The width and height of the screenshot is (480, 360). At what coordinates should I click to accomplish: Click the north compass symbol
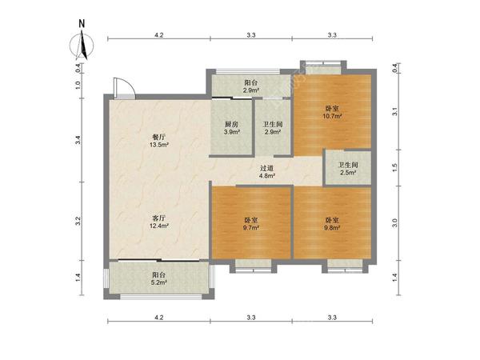point(82,42)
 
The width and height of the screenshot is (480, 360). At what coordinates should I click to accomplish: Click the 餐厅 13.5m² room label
point(159,141)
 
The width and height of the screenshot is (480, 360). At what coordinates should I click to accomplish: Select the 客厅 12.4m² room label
point(159,222)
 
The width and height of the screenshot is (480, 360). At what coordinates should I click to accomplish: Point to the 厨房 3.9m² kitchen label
point(231,128)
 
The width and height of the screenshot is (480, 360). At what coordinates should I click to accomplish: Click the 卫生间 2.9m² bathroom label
point(273,128)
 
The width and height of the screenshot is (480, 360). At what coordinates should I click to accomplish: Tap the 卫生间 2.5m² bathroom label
point(348,169)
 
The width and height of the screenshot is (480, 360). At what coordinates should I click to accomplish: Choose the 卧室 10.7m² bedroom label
point(332,112)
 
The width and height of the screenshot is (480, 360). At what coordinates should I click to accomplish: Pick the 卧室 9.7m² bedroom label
point(251,224)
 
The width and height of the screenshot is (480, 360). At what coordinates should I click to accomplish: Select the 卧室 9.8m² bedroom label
point(332,224)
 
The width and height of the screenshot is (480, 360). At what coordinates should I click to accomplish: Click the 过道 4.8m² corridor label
point(267,172)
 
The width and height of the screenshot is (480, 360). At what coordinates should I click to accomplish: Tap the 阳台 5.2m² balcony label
point(159,278)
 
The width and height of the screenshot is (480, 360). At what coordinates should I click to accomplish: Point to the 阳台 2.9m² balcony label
point(251,86)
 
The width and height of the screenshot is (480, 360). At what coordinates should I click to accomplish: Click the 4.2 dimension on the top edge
point(159,35)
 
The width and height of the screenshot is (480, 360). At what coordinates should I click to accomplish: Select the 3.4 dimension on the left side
point(78,140)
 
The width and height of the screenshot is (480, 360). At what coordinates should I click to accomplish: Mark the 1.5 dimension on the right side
point(394,167)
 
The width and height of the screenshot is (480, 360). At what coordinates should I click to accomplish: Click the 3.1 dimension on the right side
point(394,111)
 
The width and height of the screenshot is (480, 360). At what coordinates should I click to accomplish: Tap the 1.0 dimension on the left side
point(78,85)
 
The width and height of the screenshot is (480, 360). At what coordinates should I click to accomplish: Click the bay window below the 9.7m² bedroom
point(254,266)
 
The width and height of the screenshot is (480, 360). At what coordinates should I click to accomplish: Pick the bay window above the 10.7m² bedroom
point(323,67)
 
